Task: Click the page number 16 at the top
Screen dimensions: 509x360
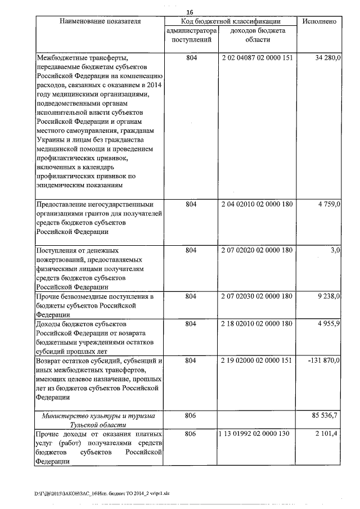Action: [x=189, y=11]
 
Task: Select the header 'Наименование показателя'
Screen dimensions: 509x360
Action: [x=98, y=21]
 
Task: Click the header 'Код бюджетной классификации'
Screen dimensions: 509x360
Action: [x=231, y=21]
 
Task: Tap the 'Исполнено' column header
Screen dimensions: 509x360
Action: [x=319, y=21]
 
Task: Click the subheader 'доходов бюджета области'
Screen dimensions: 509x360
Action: [x=258, y=35]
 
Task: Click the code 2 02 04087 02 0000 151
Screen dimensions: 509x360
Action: [x=257, y=58]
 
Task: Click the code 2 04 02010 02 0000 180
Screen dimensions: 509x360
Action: [x=257, y=204]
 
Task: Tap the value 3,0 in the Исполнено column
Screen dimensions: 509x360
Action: [x=335, y=250]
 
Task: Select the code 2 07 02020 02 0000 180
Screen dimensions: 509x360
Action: [x=257, y=250]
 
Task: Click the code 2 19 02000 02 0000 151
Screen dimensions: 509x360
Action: [x=257, y=360]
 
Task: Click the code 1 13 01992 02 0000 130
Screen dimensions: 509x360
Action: [x=257, y=434]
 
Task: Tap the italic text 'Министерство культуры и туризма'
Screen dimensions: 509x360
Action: [x=98, y=416]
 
